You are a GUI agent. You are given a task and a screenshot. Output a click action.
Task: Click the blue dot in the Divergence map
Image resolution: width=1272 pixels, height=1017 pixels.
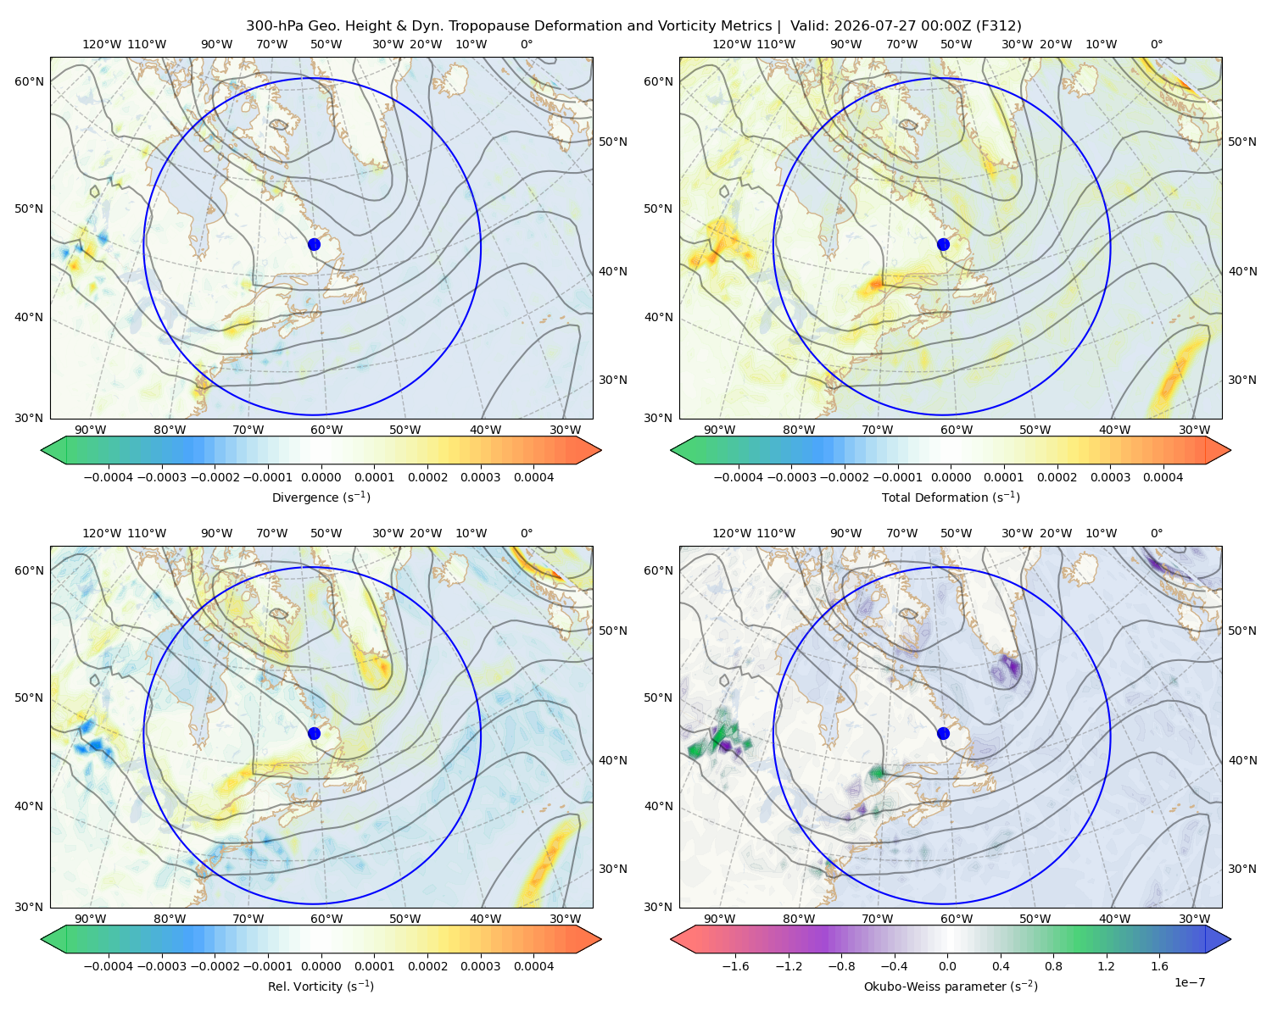tap(314, 244)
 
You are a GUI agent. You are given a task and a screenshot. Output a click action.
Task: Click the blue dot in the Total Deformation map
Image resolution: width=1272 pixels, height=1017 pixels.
tap(943, 244)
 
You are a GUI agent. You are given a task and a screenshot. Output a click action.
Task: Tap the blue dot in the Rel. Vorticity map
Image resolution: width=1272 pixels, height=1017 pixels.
tap(314, 733)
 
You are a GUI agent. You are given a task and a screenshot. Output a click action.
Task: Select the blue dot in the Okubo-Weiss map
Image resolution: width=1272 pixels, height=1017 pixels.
tap(943, 733)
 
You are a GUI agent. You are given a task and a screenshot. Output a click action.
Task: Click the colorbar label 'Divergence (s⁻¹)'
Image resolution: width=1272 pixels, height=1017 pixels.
tap(321, 497)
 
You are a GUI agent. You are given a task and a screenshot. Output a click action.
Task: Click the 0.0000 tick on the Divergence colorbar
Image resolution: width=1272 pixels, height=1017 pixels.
tap(321, 477)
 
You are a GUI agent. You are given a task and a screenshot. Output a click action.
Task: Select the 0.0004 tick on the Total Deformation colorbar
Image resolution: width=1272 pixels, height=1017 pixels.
tap(1163, 477)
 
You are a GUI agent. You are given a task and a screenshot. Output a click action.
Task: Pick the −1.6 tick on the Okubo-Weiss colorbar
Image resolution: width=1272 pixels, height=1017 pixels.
tap(735, 965)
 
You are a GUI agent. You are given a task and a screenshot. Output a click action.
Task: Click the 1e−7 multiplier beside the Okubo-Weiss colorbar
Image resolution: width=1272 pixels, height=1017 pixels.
tap(1189, 982)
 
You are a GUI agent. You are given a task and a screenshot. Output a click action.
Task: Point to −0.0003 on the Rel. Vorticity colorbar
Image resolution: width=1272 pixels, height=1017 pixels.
tap(161, 965)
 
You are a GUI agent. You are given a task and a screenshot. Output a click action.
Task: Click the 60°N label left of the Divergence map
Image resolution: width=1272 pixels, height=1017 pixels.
tap(29, 81)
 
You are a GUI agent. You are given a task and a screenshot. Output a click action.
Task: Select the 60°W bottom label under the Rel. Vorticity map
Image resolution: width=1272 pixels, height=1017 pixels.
tap(326, 919)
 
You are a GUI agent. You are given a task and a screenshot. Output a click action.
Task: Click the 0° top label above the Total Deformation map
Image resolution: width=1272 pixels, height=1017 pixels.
tap(1156, 44)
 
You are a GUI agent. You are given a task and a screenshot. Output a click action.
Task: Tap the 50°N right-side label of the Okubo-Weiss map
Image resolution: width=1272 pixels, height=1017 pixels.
tap(1241, 631)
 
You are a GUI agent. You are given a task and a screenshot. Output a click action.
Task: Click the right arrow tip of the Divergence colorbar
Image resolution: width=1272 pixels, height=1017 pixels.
tap(601, 450)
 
